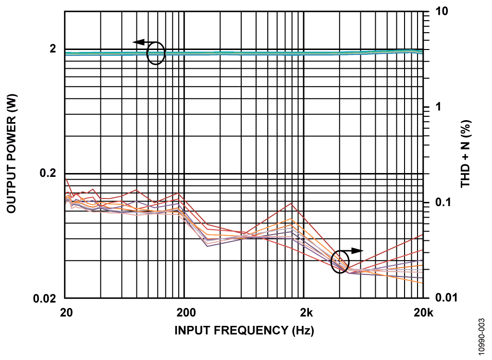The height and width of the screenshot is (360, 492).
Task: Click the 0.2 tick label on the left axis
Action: click(x=46, y=173)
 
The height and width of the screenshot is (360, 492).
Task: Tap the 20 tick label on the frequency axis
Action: click(x=66, y=314)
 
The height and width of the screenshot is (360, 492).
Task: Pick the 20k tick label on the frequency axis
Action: click(x=423, y=314)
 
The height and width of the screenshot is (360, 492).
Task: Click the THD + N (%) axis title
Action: click(x=466, y=154)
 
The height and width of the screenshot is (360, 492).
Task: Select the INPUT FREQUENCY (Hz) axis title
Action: click(x=244, y=331)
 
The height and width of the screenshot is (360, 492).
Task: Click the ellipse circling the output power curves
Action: click(x=156, y=53)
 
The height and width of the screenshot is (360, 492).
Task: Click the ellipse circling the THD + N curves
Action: click(x=340, y=262)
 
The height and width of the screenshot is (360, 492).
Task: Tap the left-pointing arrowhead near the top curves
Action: click(x=138, y=42)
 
